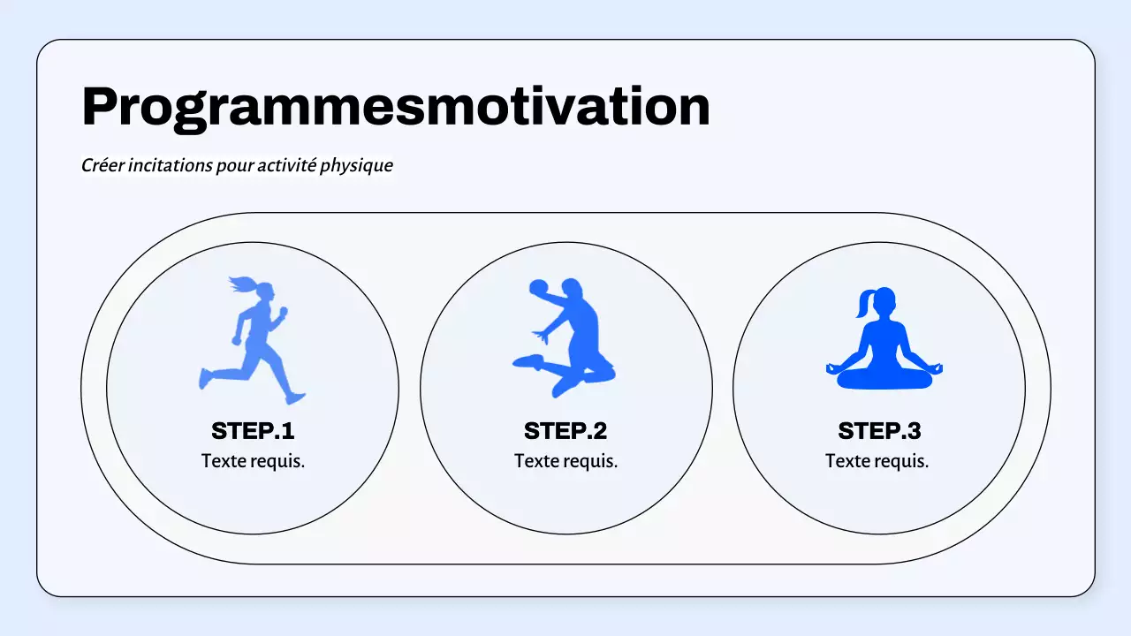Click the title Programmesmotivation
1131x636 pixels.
pos(395,107)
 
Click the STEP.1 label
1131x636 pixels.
pos(253,431)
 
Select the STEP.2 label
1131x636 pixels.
pos(565,431)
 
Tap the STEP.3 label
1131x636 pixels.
pos(879,431)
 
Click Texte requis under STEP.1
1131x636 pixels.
pos(253,461)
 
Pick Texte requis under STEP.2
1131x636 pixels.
pos(565,461)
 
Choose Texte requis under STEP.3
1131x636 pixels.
pos(877,461)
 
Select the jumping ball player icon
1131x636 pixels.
pos(565,336)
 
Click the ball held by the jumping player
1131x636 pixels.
pos(538,290)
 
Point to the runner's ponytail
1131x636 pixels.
pos(241,284)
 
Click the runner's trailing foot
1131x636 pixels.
pos(206,378)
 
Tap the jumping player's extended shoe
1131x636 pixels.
pos(528,360)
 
